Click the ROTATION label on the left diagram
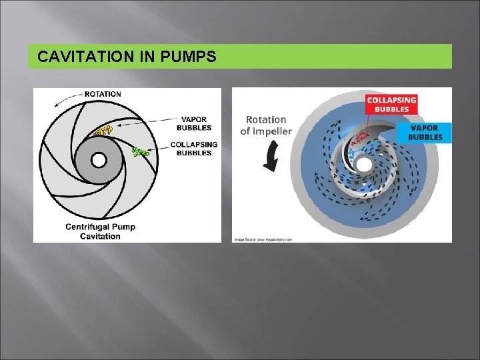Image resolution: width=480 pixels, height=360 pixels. [103, 94]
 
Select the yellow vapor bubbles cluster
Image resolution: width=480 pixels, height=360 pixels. [103, 131]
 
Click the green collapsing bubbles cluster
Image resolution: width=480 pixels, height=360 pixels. [140, 153]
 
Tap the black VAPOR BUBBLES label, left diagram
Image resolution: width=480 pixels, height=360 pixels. [194, 123]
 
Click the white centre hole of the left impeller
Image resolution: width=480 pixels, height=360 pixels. [98, 160]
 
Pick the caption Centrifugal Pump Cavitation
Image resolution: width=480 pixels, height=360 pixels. [101, 231]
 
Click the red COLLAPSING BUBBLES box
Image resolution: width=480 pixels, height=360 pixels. [391, 105]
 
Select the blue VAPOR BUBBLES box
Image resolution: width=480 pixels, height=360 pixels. [425, 132]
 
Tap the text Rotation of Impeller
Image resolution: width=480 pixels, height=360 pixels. [266, 125]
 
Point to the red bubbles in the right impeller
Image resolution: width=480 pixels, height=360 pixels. [361, 138]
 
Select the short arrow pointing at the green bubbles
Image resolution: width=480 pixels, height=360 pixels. [158, 151]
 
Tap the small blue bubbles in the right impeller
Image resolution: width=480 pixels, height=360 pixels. [351, 154]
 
